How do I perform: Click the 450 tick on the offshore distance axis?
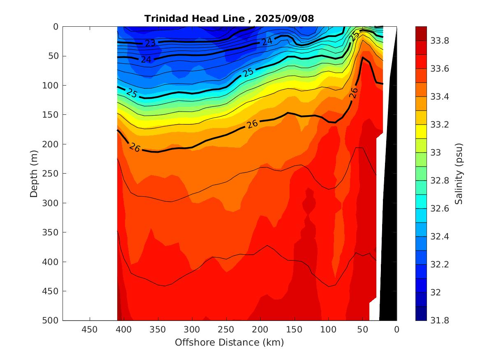coord(90,330)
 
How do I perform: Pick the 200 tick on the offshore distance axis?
coord(260,330)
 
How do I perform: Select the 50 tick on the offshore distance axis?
coord(362,330)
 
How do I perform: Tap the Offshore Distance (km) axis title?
coord(229,342)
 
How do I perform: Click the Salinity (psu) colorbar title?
coord(459,173)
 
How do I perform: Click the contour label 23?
coord(150,43)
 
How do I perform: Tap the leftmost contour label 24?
coord(146,60)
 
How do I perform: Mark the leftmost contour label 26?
coord(135,147)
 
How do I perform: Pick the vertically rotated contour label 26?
coord(353,93)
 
